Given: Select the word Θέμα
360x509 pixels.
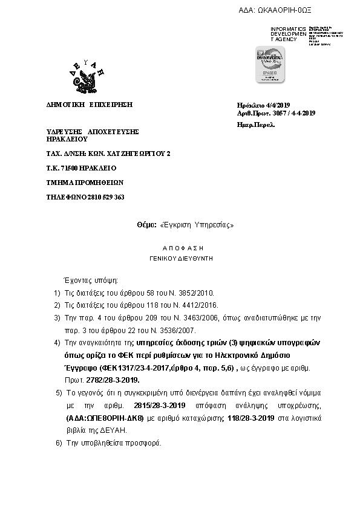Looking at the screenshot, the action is pyautogui.click(x=146, y=224).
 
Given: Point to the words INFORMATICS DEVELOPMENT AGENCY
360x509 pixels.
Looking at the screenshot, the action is pyautogui.click(x=289, y=34).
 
